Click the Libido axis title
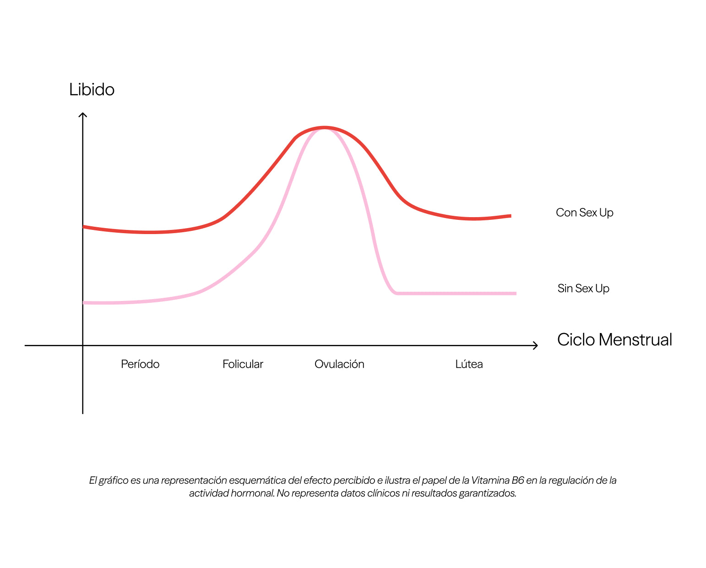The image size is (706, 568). [92, 89]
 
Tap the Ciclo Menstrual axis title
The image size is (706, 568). [614, 339]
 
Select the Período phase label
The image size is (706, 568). [140, 364]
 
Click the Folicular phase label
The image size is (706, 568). [243, 364]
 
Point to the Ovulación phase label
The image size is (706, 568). [339, 364]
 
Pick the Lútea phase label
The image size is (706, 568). [469, 364]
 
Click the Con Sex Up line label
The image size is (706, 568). [584, 213]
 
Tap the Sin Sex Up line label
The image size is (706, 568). [583, 289]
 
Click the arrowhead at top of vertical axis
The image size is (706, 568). [83, 114]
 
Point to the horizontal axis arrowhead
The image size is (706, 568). [537, 345]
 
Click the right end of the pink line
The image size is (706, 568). [516, 293]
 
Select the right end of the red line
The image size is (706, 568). [510, 216]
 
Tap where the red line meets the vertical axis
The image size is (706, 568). [83, 227]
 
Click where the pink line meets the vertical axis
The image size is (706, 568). [83, 303]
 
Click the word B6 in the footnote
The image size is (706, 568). [517, 481]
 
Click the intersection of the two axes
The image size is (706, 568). [83, 345]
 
